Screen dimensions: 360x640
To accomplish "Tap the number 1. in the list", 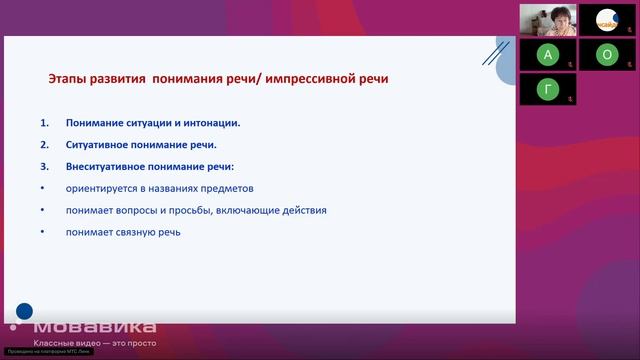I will pos(44,123).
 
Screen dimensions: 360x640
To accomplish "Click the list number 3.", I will pos(44,166).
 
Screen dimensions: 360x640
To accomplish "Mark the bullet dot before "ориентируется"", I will pos(43,188).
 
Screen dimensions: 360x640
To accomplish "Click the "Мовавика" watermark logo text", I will pos(94,327).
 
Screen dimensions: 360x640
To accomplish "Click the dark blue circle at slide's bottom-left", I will pos(24,311).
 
